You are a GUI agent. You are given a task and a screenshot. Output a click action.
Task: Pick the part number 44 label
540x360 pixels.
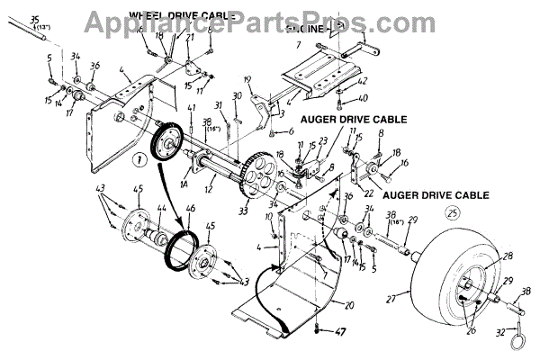(162, 211)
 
